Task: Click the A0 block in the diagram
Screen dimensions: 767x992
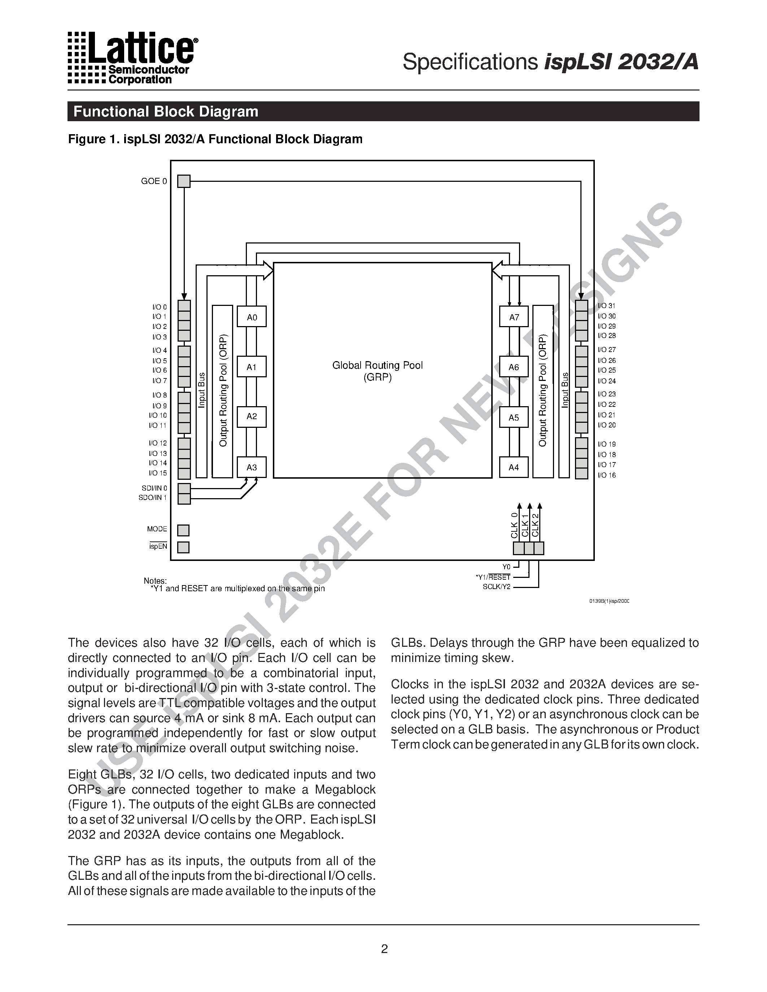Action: [252, 317]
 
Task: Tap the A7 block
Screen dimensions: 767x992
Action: [514, 317]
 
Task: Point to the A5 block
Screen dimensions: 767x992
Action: [514, 417]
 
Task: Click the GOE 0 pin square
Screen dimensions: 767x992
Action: [184, 181]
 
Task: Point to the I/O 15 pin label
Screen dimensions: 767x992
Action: [158, 473]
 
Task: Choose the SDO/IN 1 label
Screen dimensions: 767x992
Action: [153, 498]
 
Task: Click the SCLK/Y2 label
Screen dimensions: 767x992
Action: [497, 587]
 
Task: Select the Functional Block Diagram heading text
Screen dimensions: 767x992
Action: [166, 112]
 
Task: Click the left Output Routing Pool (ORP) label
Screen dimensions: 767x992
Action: [223, 391]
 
